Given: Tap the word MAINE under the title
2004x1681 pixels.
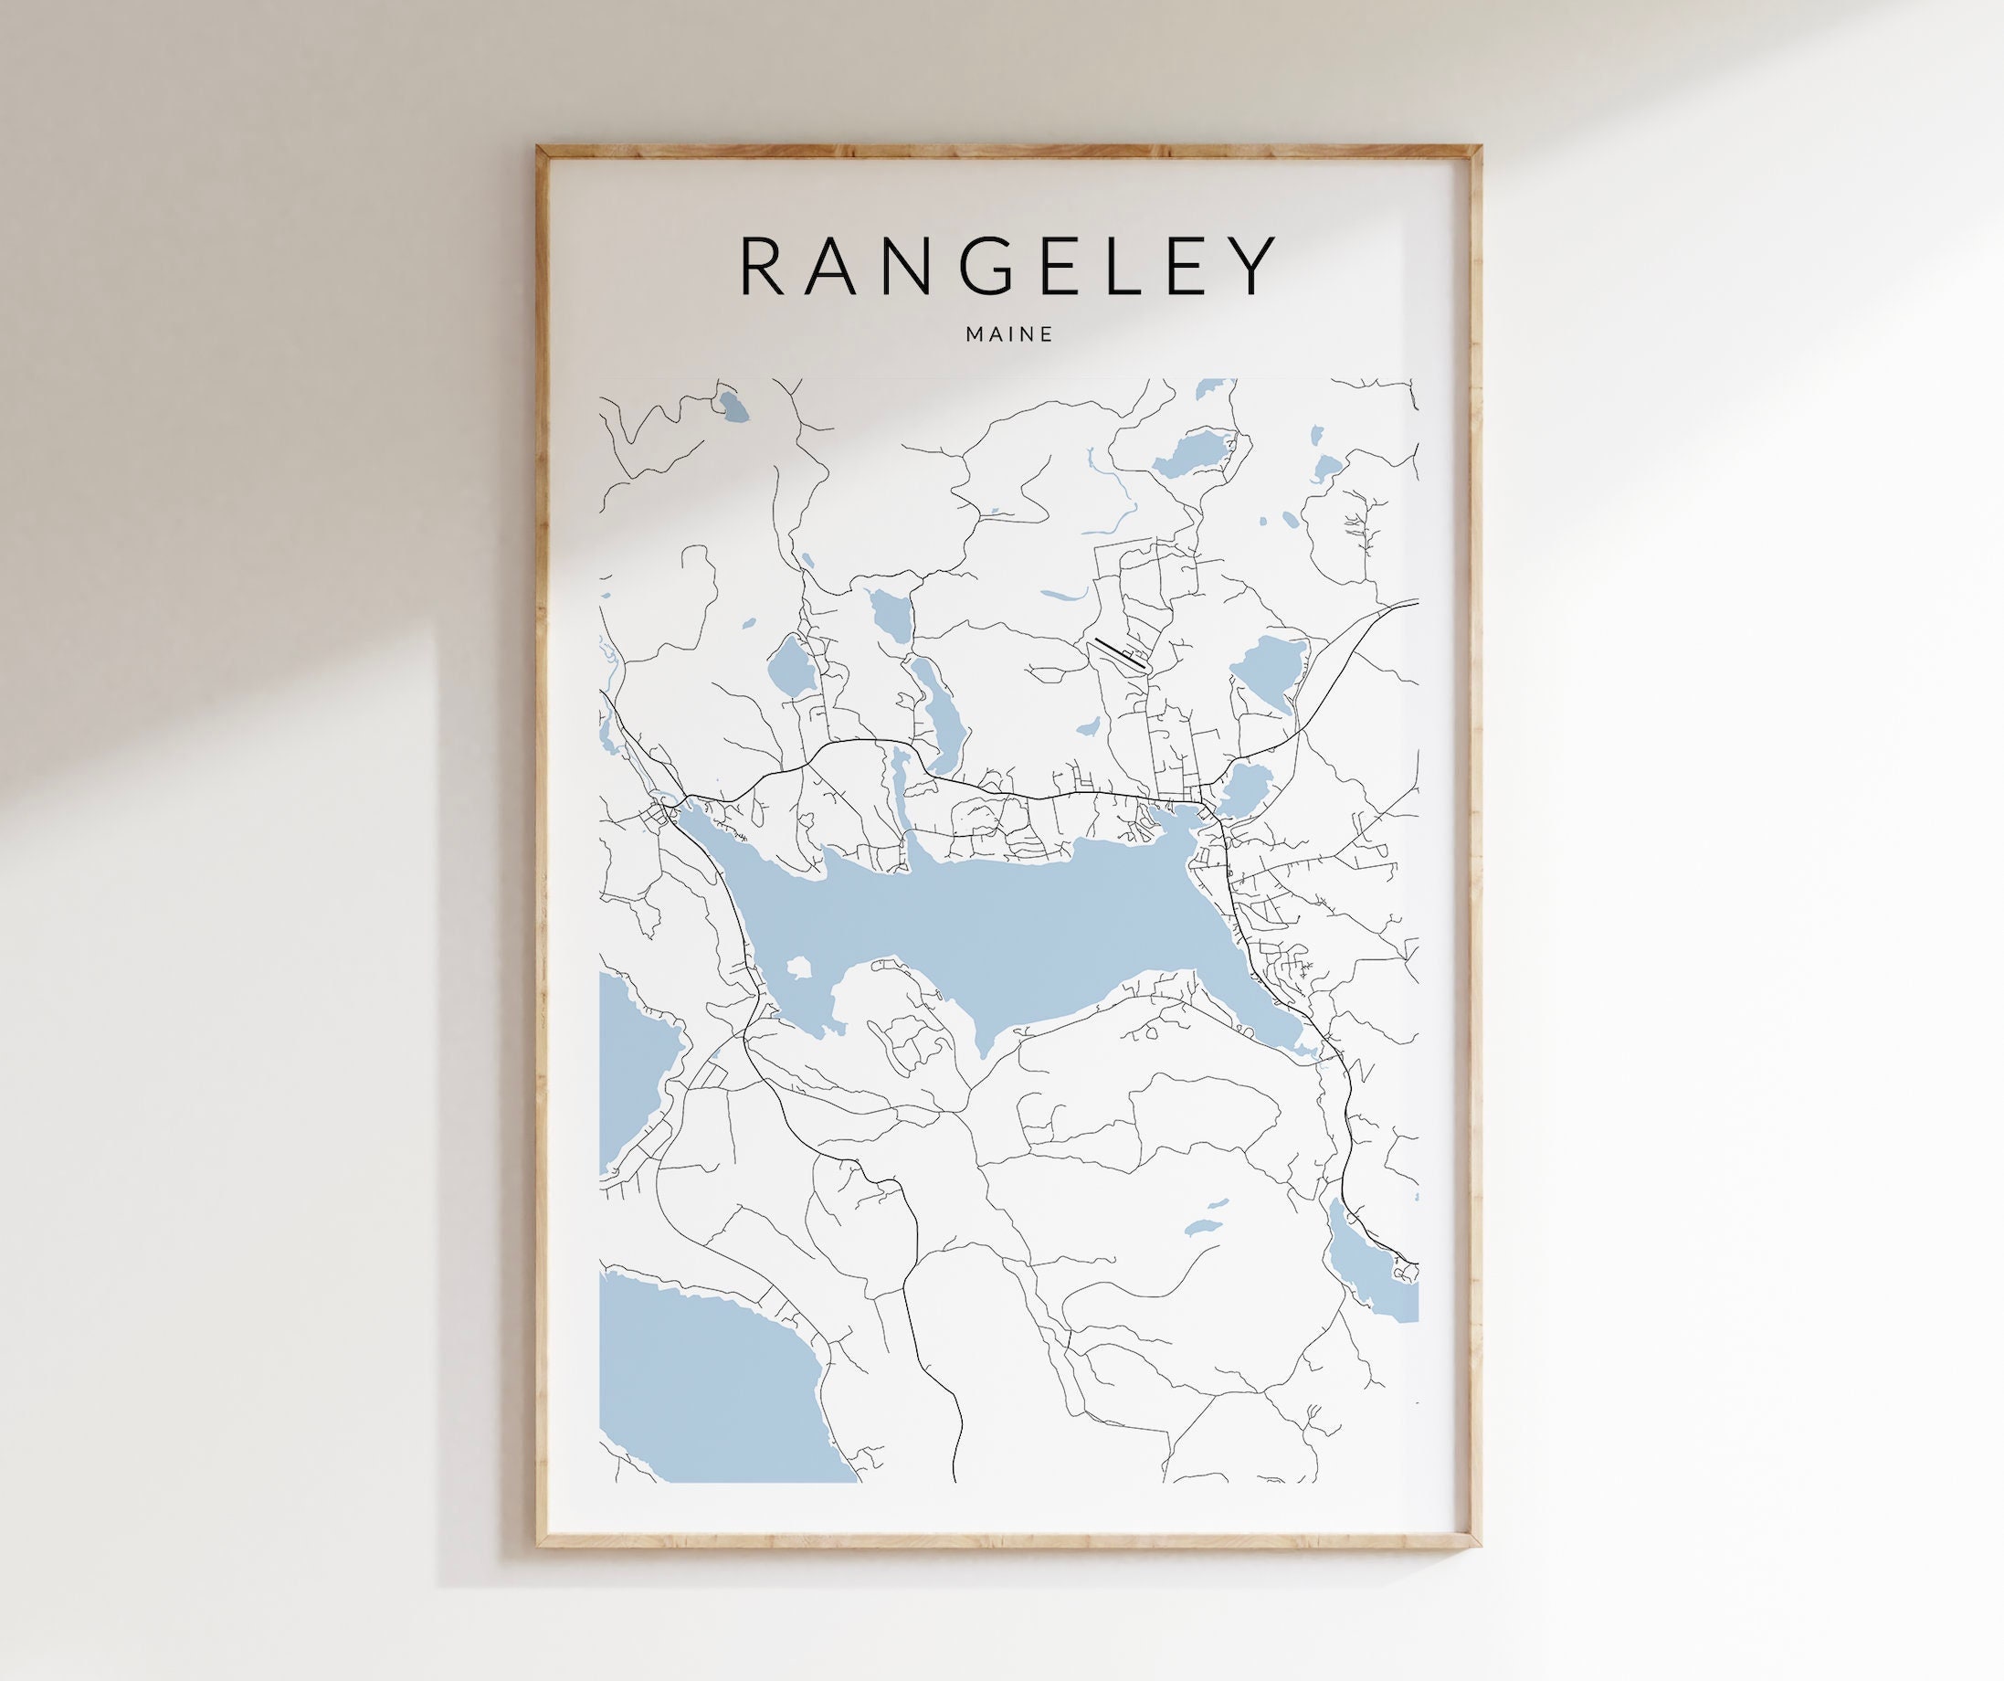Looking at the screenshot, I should [1008, 334].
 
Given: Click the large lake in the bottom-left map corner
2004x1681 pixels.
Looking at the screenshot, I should [706, 1384].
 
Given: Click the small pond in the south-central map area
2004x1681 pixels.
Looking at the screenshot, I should [1201, 1226].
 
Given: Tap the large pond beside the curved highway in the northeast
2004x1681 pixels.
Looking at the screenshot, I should [1268, 668].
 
